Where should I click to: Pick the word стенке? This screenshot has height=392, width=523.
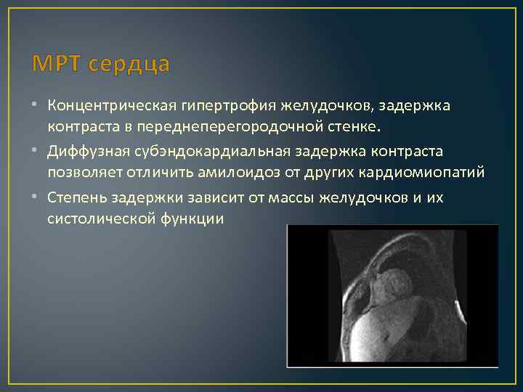(x=353, y=128)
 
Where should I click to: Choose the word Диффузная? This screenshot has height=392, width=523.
(x=83, y=153)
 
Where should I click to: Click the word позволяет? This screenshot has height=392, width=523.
(x=80, y=174)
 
